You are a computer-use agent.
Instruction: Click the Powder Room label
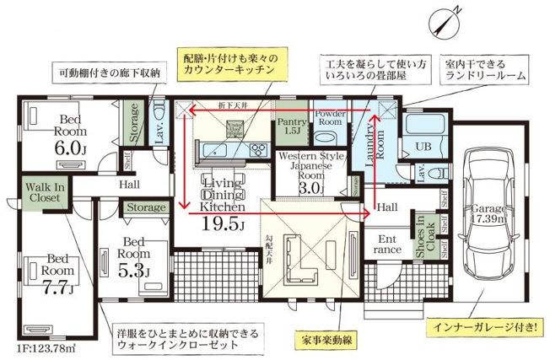[x=326, y=118]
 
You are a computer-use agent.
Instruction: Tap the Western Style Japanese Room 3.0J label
[x=313, y=172]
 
